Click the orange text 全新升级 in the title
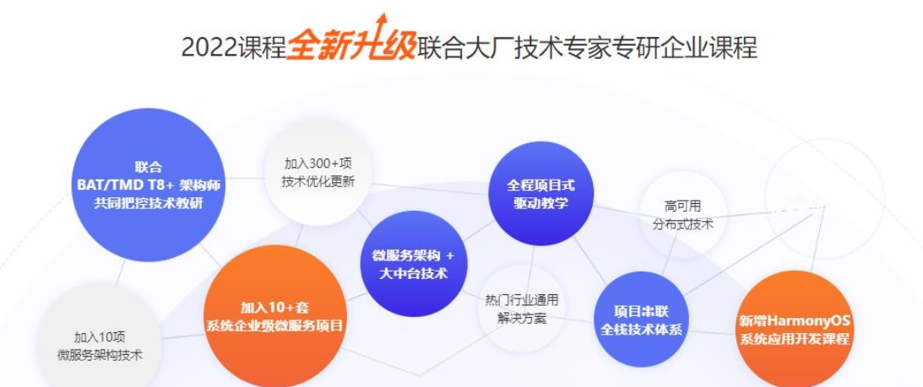click(350, 47)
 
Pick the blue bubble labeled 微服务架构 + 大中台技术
click(413, 264)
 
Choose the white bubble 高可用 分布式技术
click(683, 215)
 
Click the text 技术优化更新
click(318, 180)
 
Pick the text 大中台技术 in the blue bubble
click(413, 273)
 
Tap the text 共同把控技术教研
click(148, 202)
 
